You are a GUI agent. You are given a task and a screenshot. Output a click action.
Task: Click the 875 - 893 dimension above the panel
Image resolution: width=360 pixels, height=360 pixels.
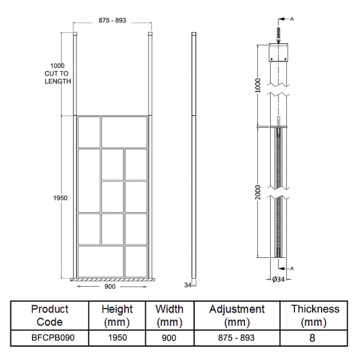coord(112,20)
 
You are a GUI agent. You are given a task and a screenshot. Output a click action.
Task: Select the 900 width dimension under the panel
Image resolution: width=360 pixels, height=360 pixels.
coord(110,286)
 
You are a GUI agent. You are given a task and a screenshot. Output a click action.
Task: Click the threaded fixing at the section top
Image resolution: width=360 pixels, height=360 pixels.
coord(279,35)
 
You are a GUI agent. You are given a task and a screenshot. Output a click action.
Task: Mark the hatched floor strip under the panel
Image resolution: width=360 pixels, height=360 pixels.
coord(112,279)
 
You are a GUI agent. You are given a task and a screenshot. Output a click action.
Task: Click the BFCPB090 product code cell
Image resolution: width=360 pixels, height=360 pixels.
coord(50,337)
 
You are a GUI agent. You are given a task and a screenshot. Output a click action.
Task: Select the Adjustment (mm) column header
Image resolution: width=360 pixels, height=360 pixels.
coord(237,316)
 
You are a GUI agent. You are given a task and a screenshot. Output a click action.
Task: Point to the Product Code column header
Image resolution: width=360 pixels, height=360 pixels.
coord(50,316)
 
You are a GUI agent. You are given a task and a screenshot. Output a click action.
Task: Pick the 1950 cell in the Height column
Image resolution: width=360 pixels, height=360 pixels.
coord(117,337)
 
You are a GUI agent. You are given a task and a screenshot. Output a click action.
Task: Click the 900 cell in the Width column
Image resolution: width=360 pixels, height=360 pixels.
coord(169,337)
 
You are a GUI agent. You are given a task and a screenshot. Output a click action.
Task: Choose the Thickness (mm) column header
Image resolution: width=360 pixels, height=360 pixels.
coord(315,316)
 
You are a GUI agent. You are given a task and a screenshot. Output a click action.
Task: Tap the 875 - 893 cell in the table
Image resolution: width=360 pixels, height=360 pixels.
coord(237,337)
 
